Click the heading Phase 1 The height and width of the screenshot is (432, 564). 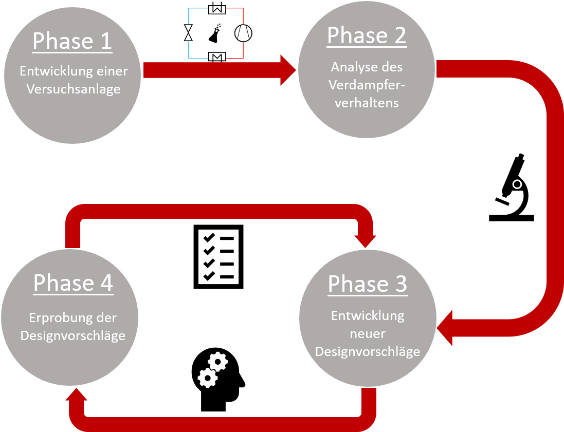pos(72,42)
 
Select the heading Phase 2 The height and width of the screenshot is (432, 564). pos(367,35)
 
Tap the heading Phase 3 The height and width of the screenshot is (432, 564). pos(368,284)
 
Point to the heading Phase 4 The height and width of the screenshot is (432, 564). pos(73,283)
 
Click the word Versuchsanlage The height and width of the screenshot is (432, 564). pos(73,89)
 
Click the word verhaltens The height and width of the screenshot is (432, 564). pos(367,103)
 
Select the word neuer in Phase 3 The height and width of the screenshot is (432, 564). pos(367,334)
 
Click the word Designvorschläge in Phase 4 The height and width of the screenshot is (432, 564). pos(73,336)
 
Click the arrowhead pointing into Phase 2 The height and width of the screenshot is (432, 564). pos(288,70)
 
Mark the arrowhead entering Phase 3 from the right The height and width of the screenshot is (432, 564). pos(445,328)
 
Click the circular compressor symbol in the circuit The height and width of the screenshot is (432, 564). pos(243,33)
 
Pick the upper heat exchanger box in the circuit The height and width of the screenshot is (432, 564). pos(216,9)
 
